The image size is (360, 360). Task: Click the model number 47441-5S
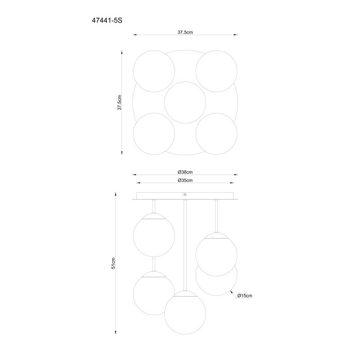pyautogui.click(x=107, y=21)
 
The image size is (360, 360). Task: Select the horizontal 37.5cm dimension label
pyautogui.click(x=185, y=32)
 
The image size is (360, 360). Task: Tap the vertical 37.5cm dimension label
pyautogui.click(x=119, y=103)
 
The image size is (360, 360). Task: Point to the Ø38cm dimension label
pyautogui.click(x=185, y=172)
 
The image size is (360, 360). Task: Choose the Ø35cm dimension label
pyautogui.click(x=185, y=180)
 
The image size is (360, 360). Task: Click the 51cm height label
pyautogui.click(x=113, y=263)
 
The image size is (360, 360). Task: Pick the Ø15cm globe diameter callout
pyautogui.click(x=245, y=296)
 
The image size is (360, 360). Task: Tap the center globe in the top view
pyautogui.click(x=185, y=103)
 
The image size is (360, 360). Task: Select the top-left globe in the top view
pyautogui.click(x=154, y=71)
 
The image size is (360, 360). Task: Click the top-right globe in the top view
pyautogui.click(x=216, y=71)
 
